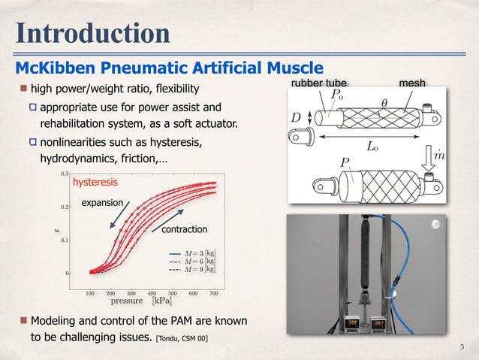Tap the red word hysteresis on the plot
(95, 182)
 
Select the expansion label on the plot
(101, 202)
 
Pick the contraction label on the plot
(184, 228)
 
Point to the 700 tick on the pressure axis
(213, 293)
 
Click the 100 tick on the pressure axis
(89, 293)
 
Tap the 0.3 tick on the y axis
(65, 173)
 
